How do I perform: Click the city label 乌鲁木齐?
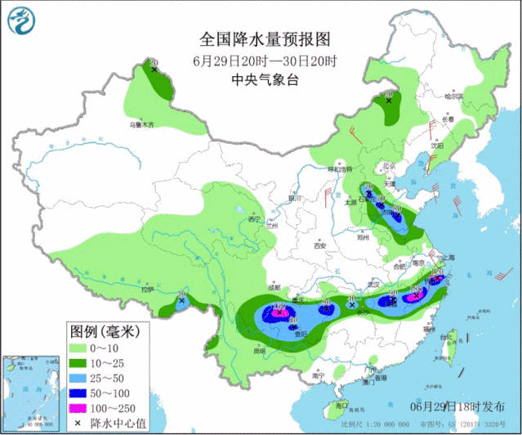[140, 125]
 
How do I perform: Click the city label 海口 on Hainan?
[342, 405]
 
